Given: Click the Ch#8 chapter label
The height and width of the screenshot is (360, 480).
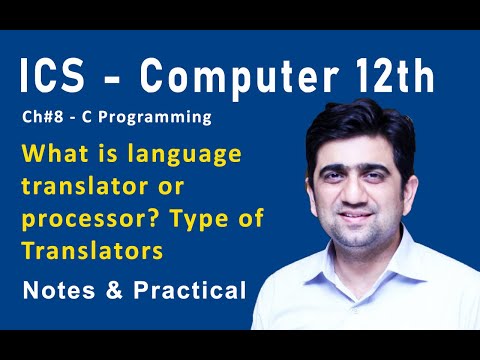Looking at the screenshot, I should click(x=42, y=118).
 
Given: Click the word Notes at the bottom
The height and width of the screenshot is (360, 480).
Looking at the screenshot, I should click(x=60, y=291).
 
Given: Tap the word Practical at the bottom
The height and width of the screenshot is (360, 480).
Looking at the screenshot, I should click(x=184, y=291).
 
